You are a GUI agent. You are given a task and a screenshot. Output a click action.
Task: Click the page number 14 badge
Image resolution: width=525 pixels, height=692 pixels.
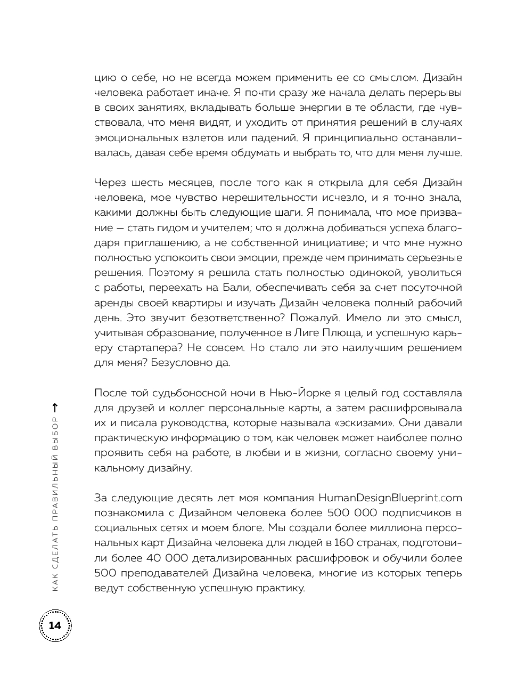[x=55, y=625]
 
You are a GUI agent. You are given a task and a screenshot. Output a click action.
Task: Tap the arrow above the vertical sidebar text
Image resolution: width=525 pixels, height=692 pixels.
[x=55, y=408]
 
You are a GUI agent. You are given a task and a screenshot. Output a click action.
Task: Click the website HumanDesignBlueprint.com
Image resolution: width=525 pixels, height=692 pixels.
[x=390, y=498]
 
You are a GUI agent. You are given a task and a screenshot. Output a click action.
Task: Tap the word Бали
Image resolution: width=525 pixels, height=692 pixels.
[x=234, y=288]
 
